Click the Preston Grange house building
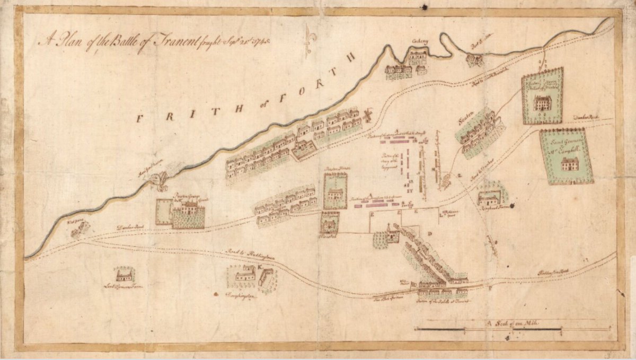pyautogui.click(x=188, y=208)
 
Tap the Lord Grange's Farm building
pyautogui.click(x=125, y=275)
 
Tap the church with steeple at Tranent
pyautogui.click(x=392, y=233)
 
